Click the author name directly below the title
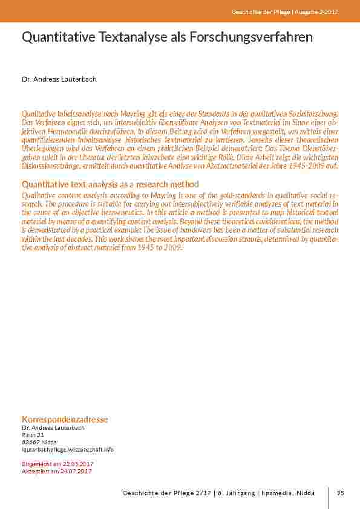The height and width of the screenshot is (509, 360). click(x=59, y=80)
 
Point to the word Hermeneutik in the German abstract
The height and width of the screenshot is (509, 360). click(x=85, y=129)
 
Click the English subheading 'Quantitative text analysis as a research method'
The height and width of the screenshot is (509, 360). click(x=110, y=184)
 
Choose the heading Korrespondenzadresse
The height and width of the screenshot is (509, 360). click(x=65, y=419)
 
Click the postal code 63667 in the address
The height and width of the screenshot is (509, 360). click(x=30, y=443)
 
